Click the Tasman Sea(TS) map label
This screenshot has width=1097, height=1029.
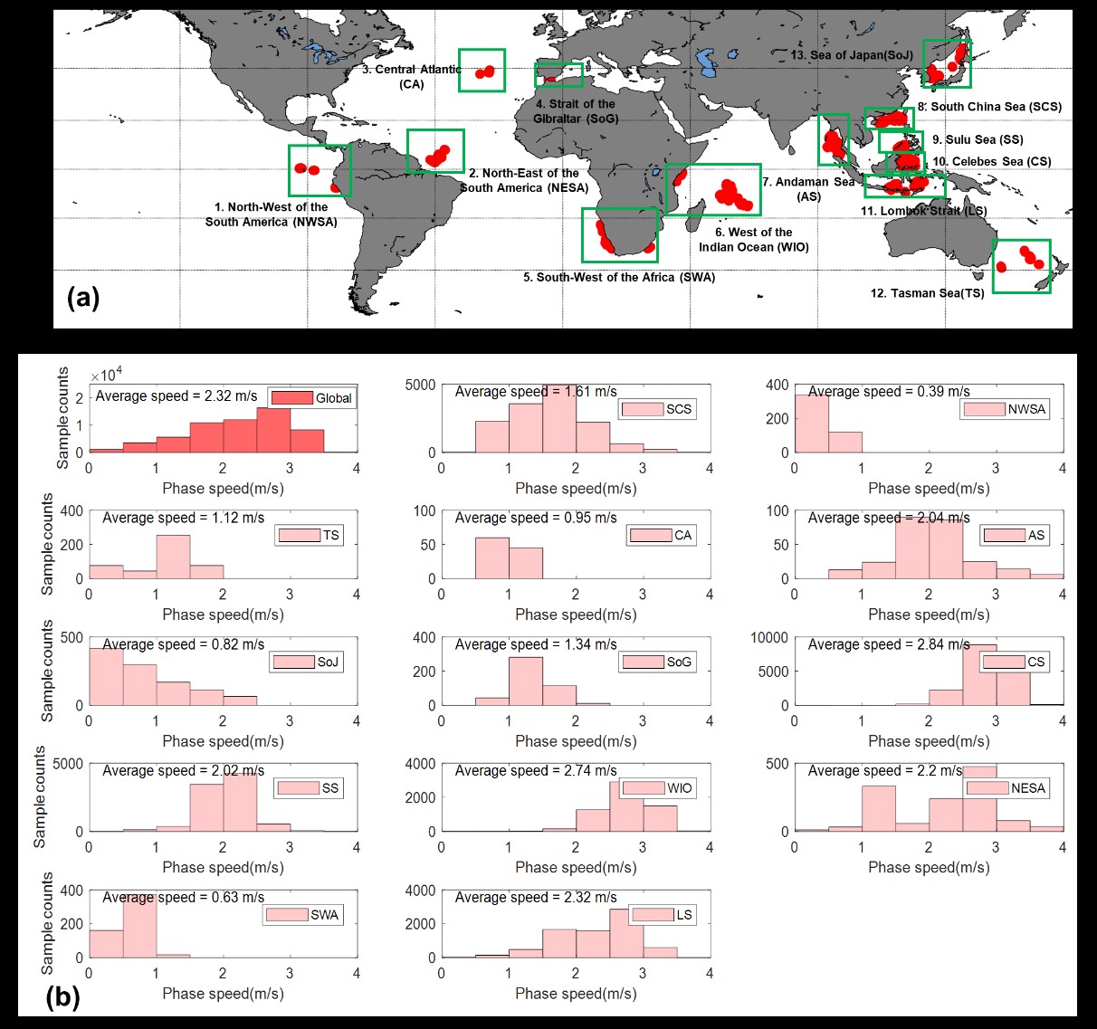pos(927,293)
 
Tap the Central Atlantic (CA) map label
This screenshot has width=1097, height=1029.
pos(411,77)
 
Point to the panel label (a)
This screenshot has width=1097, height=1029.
pos(83,297)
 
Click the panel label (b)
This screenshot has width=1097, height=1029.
pos(63,997)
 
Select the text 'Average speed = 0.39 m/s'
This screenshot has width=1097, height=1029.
pos(889,392)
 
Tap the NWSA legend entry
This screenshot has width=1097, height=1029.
pos(1004,409)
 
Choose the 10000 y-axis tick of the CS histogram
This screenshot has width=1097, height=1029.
pos(769,638)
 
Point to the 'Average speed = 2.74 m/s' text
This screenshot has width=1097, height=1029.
pos(536,771)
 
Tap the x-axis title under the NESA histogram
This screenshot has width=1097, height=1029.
pos(929,867)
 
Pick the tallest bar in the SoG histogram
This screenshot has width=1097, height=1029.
pos(526,681)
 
